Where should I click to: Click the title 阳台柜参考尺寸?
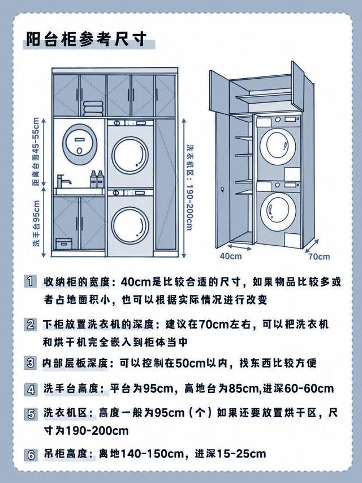coord(86,39)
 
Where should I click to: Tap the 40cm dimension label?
coord(231,256)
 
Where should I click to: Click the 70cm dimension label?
coord(319,257)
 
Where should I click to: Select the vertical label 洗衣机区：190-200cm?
coord(189,187)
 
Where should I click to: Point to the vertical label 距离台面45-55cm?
coord(36,151)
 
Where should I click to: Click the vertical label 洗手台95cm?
coord(36,223)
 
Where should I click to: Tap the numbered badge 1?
coord(30,281)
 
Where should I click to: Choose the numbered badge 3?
coord(30,362)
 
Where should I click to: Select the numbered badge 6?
coord(31,455)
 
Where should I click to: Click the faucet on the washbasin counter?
coord(63,181)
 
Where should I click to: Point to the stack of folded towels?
coord(93,108)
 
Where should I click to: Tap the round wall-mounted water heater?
coord(80,144)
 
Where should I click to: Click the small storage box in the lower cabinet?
coord(64,243)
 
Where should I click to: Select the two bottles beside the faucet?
coord(97,179)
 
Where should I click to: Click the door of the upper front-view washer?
coord(130,156)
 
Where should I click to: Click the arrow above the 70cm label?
coord(312,246)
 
